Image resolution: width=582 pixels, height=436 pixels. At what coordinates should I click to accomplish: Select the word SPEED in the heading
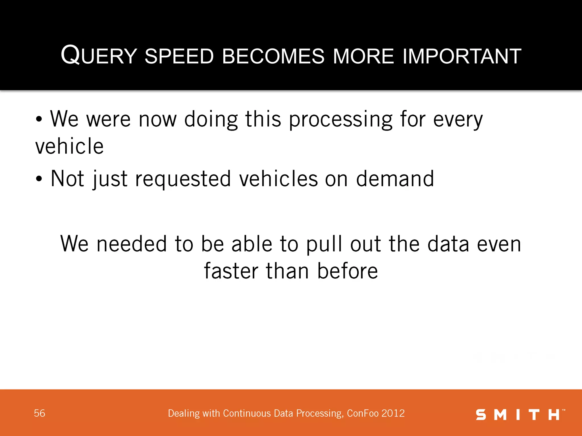pyautogui.click(x=179, y=56)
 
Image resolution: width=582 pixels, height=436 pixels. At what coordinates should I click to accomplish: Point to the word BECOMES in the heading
pyautogui.click(x=273, y=56)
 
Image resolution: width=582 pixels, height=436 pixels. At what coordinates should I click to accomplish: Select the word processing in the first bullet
pyautogui.click(x=341, y=120)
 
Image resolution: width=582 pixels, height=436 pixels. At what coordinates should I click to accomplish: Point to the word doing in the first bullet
pyautogui.click(x=211, y=120)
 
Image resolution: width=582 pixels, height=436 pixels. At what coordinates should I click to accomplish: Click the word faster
pyautogui.click(x=231, y=271)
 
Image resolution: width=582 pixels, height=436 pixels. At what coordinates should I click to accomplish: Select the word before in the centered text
pyautogui.click(x=347, y=271)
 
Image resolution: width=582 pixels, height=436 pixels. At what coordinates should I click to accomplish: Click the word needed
pyautogui.click(x=132, y=244)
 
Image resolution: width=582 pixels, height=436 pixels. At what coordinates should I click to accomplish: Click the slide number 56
pyautogui.click(x=40, y=413)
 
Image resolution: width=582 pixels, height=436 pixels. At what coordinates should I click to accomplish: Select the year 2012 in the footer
pyautogui.click(x=393, y=413)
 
